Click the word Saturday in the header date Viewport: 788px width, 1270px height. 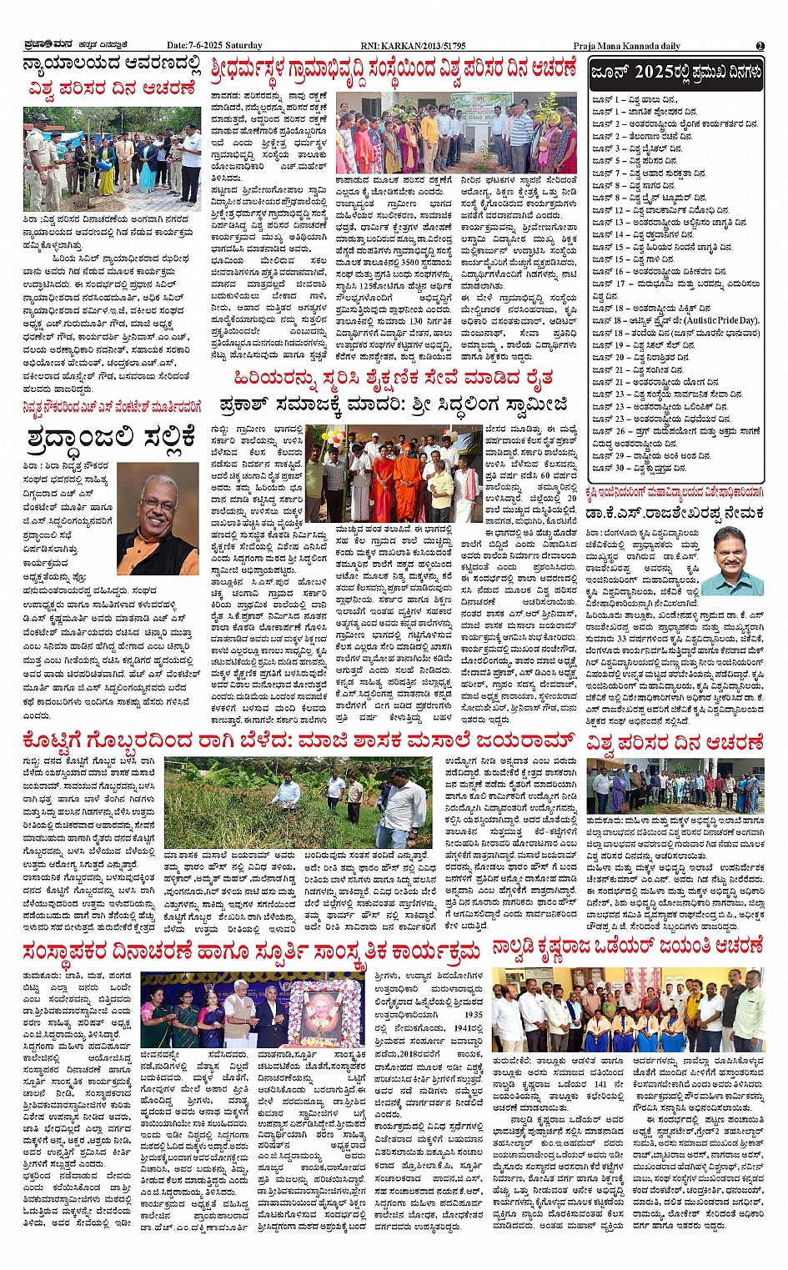click(243, 46)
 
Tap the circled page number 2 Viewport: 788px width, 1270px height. click(760, 46)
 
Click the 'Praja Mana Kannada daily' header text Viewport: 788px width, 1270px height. click(626, 46)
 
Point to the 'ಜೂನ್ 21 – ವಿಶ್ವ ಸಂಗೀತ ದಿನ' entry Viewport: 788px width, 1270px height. click(638, 369)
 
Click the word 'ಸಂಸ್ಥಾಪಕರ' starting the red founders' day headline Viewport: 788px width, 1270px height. click(67, 951)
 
